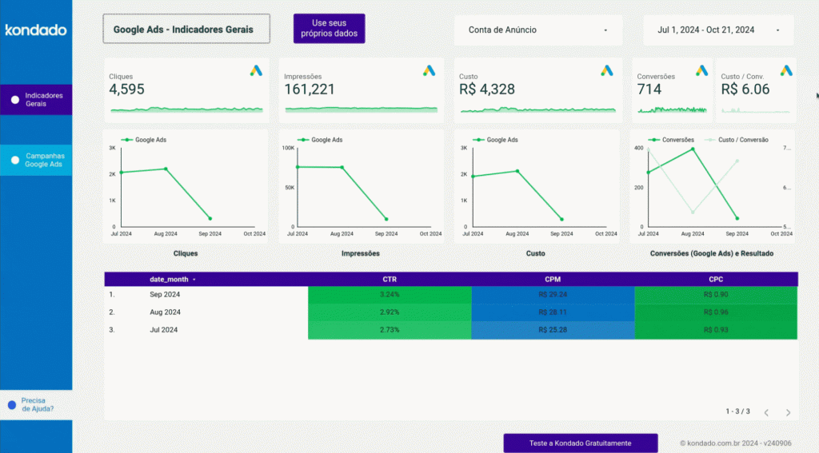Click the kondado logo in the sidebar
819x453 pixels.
35,30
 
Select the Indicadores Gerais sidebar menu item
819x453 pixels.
36,100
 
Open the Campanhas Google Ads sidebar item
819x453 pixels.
36,160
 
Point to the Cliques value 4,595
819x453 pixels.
127,89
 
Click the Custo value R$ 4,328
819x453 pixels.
487,89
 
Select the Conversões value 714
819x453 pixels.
649,89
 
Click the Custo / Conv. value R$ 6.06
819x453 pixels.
745,89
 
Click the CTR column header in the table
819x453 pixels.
390,280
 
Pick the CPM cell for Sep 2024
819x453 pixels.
553,294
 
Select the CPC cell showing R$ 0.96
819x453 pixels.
715,312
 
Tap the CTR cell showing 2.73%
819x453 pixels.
390,329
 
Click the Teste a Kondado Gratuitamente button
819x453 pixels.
580,443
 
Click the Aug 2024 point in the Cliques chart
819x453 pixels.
166,169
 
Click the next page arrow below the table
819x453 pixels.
788,412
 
